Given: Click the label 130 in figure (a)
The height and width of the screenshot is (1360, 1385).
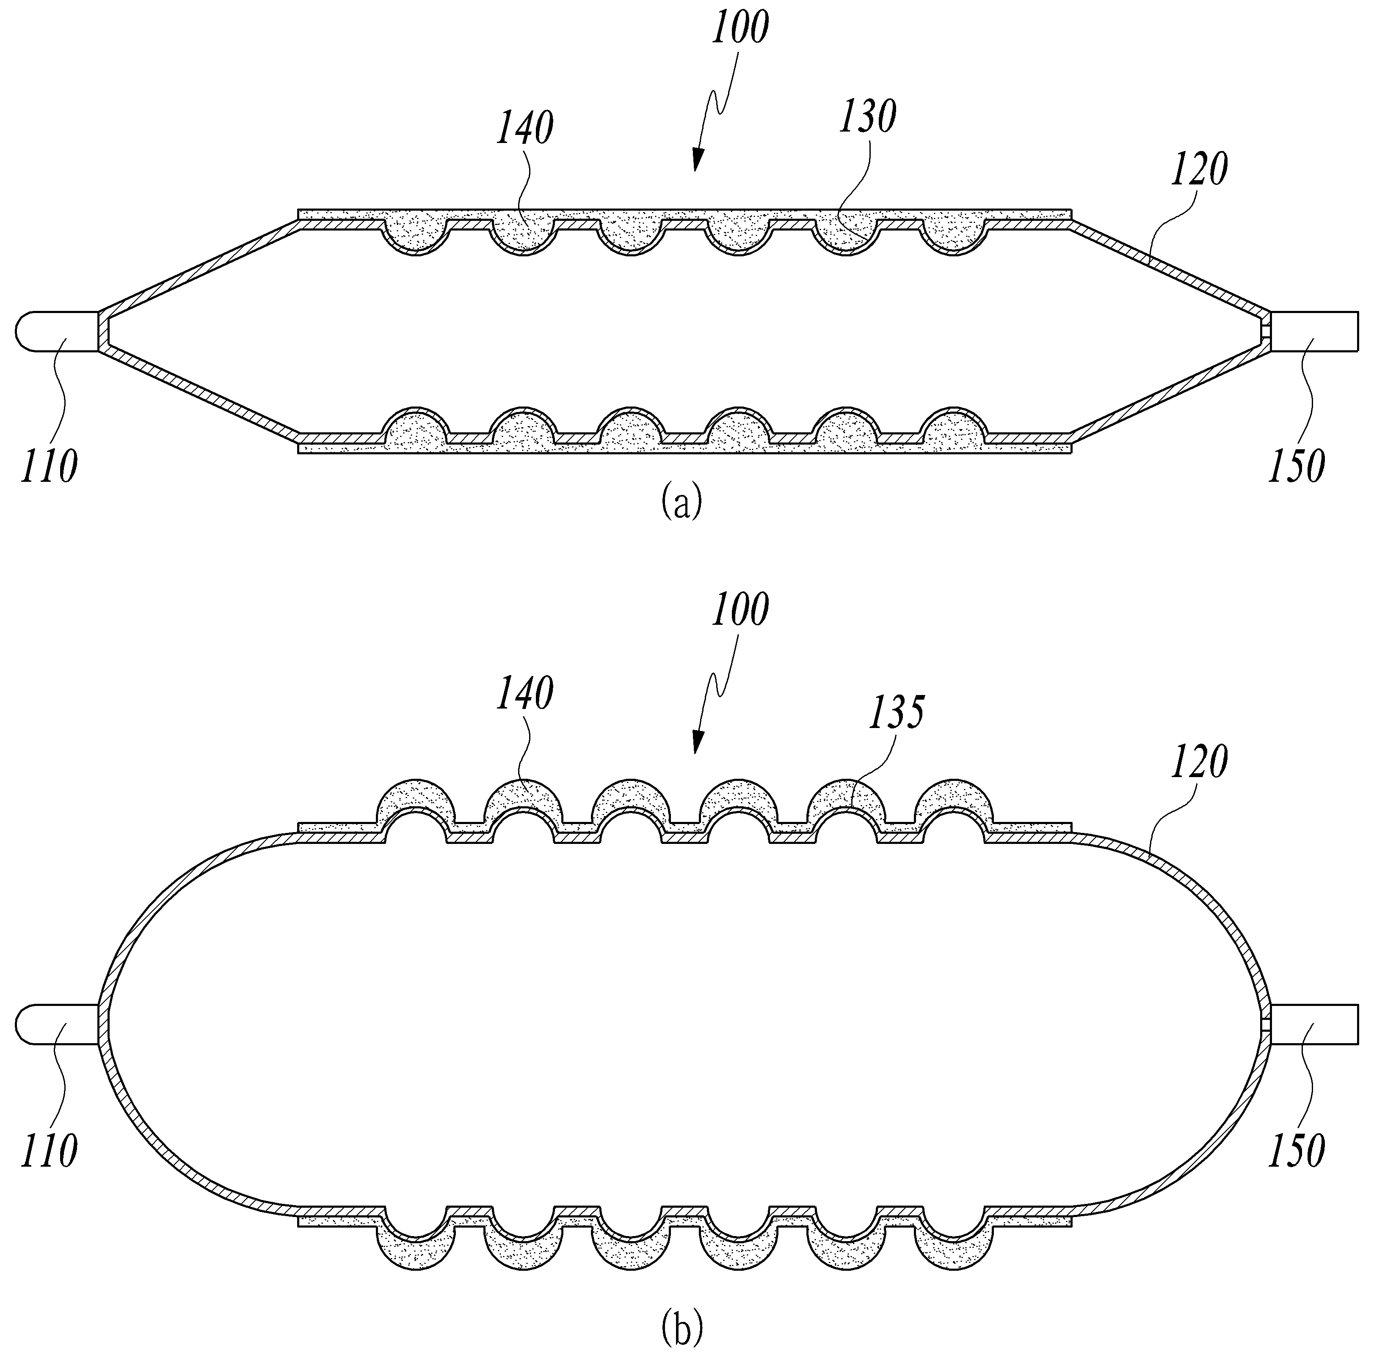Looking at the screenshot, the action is tap(867, 117).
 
